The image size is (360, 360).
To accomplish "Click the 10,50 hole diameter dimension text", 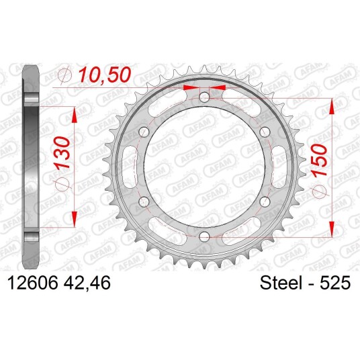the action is click(105, 75).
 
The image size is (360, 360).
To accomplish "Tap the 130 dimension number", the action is click(61, 153).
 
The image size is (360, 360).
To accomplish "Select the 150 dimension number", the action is click(319, 161).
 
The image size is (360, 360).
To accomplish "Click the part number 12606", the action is click(33, 282).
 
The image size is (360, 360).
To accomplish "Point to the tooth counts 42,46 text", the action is click(87, 283).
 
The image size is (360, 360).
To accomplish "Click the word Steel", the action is click(281, 283).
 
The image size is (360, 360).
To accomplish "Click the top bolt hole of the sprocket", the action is click(204, 97).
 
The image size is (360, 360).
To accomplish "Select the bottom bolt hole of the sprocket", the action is click(204, 236).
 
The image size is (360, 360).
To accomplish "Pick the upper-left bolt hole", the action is click(144, 132).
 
